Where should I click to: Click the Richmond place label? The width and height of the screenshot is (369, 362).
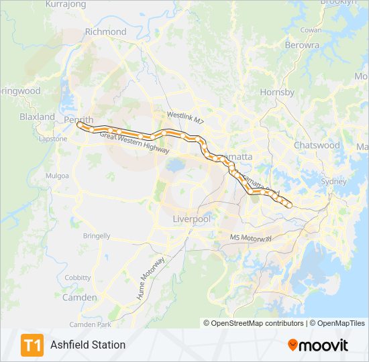point(106,32)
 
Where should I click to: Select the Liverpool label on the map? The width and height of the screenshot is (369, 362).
point(192,219)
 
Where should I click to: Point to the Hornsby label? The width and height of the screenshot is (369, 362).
point(277,92)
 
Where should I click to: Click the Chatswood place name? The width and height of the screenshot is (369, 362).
point(317,145)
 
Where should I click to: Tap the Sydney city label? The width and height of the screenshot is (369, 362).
point(333,181)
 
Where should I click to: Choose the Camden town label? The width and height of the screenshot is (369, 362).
point(79,297)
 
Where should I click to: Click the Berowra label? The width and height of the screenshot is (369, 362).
point(302,45)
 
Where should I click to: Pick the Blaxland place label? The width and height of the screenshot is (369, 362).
point(37,117)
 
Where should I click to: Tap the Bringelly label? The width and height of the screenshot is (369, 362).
point(97,236)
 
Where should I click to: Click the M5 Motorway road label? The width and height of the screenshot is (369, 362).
point(251,238)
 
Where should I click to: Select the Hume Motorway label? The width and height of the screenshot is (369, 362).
point(151,278)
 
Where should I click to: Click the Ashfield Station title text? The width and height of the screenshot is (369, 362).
point(88,345)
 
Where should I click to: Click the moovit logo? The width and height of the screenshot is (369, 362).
point(318,345)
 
